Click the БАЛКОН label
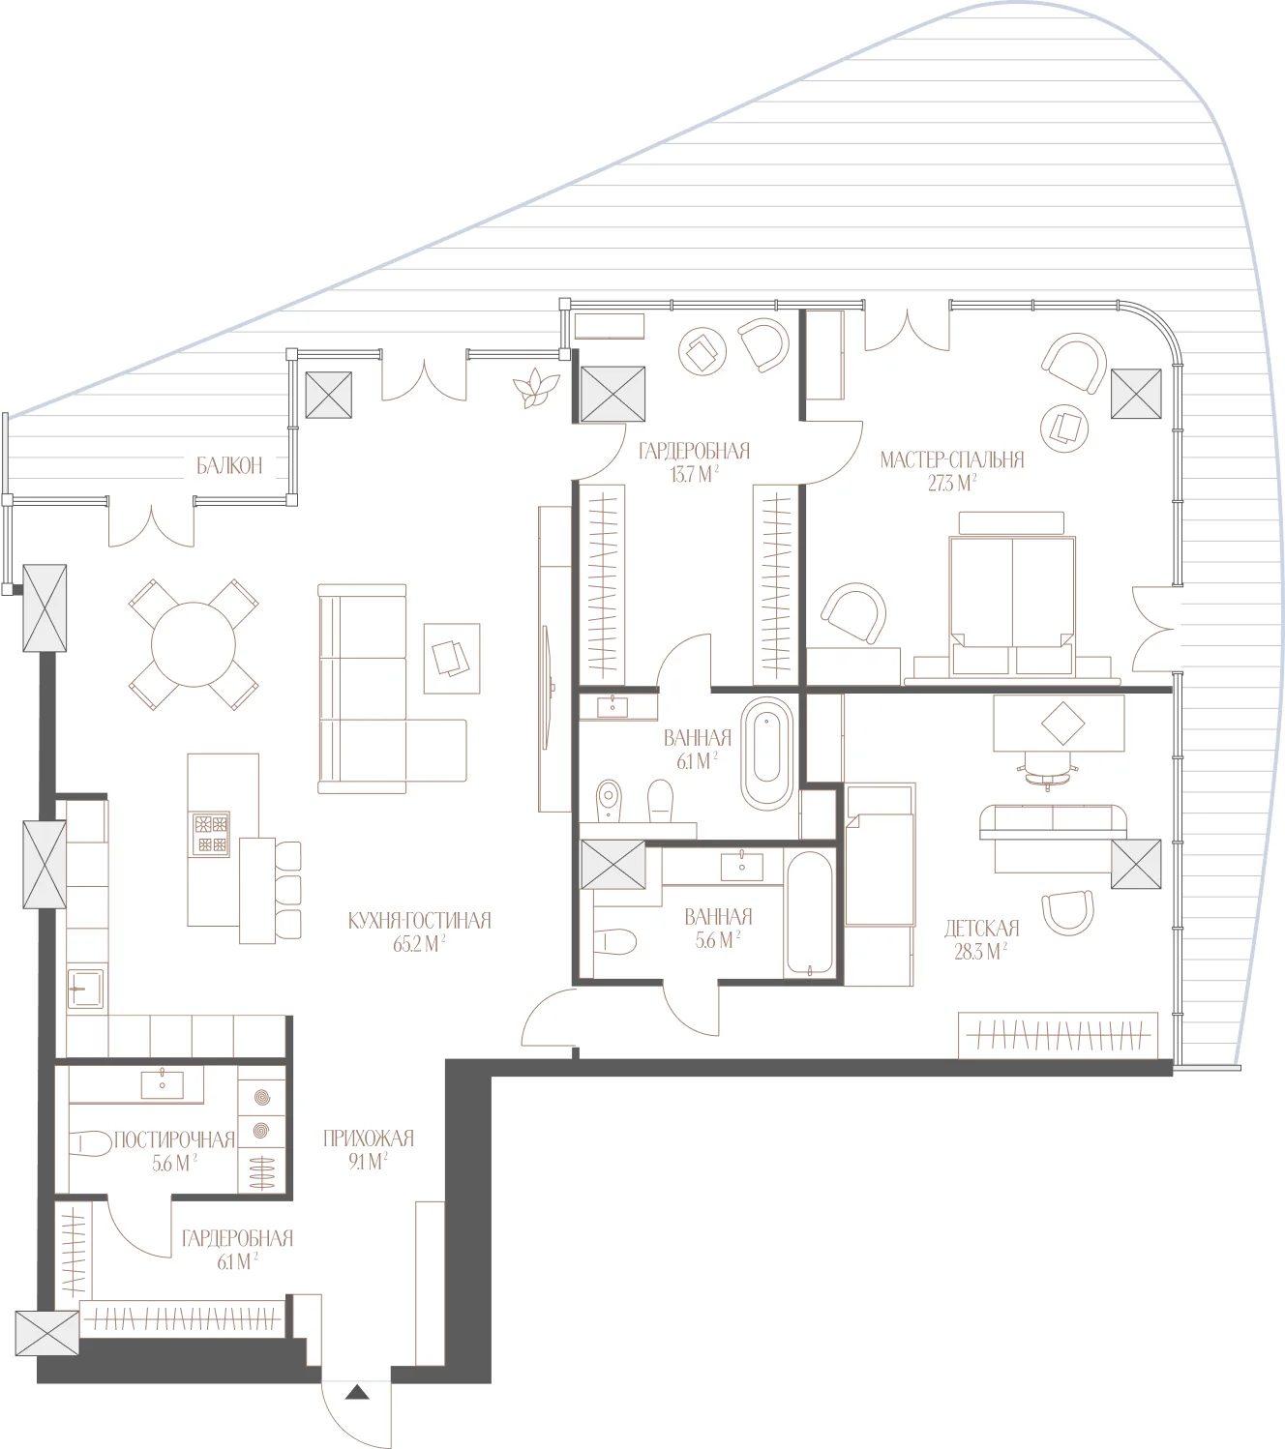pyautogui.click(x=229, y=465)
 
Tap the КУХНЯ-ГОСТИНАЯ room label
pyautogui.click(x=419, y=920)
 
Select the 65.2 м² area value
pyautogui.click(x=419, y=944)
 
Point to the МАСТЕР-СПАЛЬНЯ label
pyautogui.click(x=951, y=459)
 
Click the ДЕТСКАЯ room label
pyautogui.click(x=981, y=929)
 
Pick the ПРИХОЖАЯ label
pyautogui.click(x=369, y=1138)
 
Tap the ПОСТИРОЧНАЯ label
pyautogui.click(x=174, y=1139)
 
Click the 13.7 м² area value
pyautogui.click(x=694, y=474)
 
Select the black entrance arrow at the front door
pyautogui.click(x=357, y=1392)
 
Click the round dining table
pyautogui.click(x=194, y=644)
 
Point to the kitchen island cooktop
pyautogui.click(x=210, y=834)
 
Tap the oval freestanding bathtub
pyautogui.click(x=767, y=754)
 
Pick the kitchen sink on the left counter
pyautogui.click(x=86, y=989)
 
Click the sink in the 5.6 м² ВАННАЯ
pyautogui.click(x=742, y=866)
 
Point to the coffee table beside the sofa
pyautogui.click(x=452, y=659)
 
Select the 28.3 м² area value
pyautogui.click(x=981, y=952)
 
